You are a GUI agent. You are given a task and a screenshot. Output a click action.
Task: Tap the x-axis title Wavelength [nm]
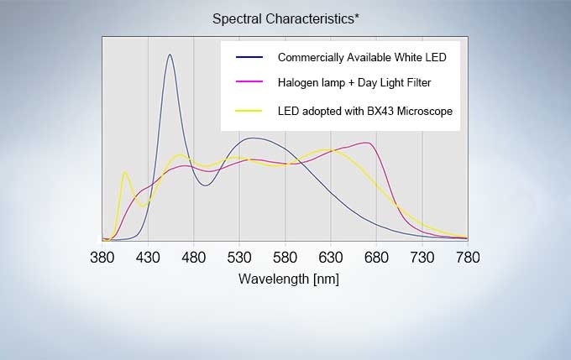289,279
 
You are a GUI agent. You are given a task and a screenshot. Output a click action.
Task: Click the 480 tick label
194,257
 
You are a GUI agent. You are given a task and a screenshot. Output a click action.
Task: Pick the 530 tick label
239,257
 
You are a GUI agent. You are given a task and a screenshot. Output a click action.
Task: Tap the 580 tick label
285,257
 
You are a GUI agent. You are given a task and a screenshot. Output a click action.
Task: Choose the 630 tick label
331,257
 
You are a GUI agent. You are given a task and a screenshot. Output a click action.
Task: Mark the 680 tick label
376,257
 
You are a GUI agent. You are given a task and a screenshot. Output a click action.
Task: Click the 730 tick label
422,257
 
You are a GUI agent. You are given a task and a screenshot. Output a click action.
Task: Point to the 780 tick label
467,257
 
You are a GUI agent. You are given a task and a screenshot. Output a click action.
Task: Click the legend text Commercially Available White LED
362,57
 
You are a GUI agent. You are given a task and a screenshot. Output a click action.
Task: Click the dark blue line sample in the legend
249,57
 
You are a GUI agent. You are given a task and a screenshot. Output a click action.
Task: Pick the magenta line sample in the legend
249,83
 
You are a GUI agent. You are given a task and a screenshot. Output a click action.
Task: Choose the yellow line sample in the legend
249,111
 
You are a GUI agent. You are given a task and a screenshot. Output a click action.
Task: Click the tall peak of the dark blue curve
170,55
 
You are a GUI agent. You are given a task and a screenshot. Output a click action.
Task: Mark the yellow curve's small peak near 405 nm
125,172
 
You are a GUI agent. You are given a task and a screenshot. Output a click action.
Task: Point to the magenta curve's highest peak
368,143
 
